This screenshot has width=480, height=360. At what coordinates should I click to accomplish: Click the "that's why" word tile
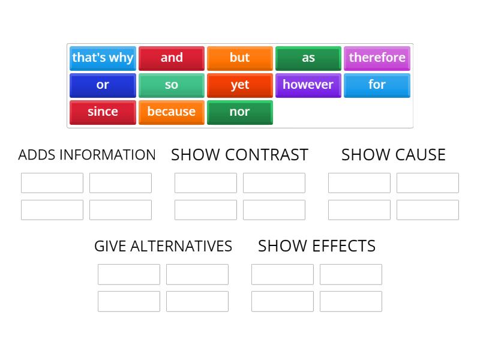[x=103, y=58]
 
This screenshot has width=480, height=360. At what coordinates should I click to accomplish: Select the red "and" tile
[x=172, y=58]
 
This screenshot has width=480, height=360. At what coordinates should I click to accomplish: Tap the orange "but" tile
[x=240, y=58]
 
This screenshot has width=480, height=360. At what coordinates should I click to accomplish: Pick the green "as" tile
[x=308, y=58]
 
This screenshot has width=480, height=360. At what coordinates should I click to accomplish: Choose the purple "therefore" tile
[x=377, y=58]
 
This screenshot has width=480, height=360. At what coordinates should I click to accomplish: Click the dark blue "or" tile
[x=103, y=85]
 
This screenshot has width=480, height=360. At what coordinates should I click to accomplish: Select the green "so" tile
[x=172, y=85]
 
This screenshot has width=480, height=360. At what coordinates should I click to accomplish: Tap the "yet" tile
[x=240, y=85]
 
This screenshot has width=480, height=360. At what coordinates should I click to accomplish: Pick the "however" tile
[x=308, y=85]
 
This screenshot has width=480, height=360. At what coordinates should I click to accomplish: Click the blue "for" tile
[x=377, y=85]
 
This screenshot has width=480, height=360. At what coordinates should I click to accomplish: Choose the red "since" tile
[x=103, y=112]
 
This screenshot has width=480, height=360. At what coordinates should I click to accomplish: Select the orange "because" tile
[x=172, y=112]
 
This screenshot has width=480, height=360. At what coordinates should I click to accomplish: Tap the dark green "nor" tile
[x=240, y=112]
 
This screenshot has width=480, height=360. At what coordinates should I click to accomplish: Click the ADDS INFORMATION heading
[x=87, y=155]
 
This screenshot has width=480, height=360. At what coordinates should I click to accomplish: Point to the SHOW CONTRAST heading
[x=239, y=155]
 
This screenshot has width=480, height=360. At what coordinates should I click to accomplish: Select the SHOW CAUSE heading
[x=394, y=155]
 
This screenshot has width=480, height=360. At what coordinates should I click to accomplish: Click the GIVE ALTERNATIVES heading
[x=163, y=246]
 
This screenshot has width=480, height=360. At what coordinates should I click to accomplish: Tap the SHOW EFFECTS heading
[x=317, y=246]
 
